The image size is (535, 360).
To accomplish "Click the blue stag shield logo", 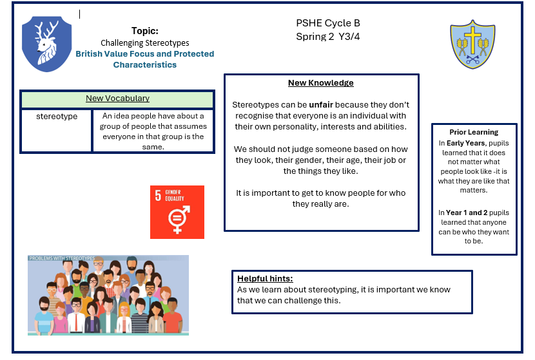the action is click(x=47, y=44).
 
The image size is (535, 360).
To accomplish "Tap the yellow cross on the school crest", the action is click(x=472, y=40).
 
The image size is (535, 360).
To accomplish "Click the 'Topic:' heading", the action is click(x=145, y=31).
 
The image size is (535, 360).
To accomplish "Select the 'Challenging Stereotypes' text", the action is click(x=144, y=43).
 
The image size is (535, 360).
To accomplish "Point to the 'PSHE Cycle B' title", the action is click(x=328, y=23).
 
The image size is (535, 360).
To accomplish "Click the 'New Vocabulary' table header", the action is click(x=117, y=99).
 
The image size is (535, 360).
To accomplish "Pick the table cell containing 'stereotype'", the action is click(x=57, y=131).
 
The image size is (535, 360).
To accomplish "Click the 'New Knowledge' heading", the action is click(x=321, y=83).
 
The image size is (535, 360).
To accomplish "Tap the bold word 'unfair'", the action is click(x=321, y=105).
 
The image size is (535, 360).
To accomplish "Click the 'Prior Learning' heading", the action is click(x=474, y=132).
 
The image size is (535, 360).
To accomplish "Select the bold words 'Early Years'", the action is click(x=465, y=143).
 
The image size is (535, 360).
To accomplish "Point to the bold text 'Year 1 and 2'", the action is click(x=467, y=213).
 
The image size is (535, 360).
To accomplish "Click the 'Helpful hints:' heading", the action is click(x=265, y=278).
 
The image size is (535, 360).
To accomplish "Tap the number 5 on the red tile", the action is click(x=158, y=196).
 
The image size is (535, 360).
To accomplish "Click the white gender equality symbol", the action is click(x=179, y=220).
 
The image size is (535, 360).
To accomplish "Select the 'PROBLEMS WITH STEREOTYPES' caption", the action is click(x=62, y=258).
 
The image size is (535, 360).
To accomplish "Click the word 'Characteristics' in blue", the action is click(x=144, y=65).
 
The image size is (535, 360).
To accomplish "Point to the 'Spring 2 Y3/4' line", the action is click(x=328, y=37).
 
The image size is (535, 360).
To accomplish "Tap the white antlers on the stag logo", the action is click(x=46, y=31).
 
